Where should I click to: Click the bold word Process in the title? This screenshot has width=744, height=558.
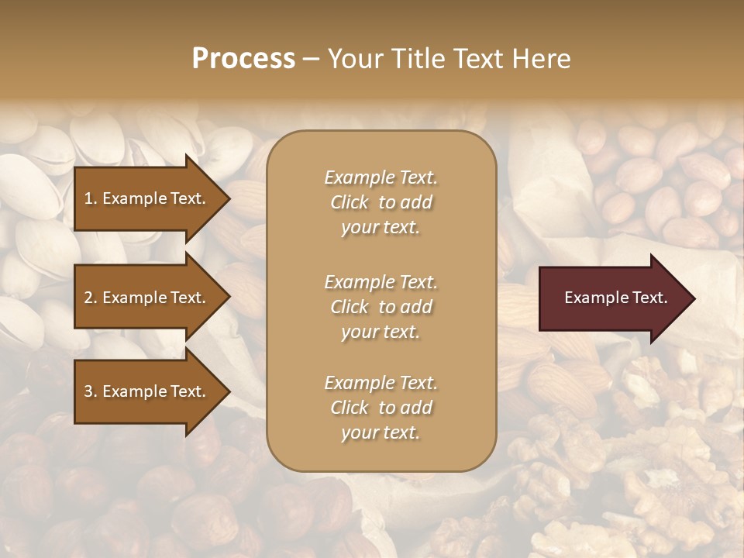click(243, 58)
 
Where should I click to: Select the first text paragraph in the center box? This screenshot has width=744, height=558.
click(381, 202)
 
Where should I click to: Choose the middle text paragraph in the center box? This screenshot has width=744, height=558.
click(381, 307)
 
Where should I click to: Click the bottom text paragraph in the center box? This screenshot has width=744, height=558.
click(381, 408)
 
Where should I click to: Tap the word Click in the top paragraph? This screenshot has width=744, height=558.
click(350, 202)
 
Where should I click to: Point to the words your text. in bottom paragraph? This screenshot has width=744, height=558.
click(381, 432)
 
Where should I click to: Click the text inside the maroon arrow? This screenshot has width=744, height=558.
click(615, 298)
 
